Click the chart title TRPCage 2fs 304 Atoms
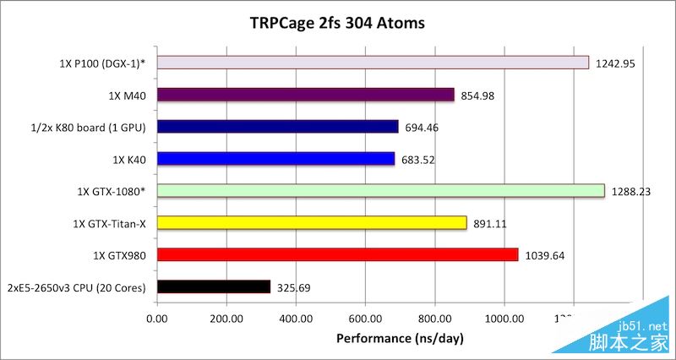[x=337, y=22]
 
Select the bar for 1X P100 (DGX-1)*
[x=373, y=63]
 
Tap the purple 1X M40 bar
[x=305, y=95]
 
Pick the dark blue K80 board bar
[x=277, y=127]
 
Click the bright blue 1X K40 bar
[x=275, y=158]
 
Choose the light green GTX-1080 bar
[x=380, y=191]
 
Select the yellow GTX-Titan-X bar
[x=312, y=222]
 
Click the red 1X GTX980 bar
[x=337, y=254]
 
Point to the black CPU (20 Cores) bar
[x=214, y=286]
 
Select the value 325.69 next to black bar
[x=293, y=287]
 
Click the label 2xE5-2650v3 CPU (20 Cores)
[x=77, y=287]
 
